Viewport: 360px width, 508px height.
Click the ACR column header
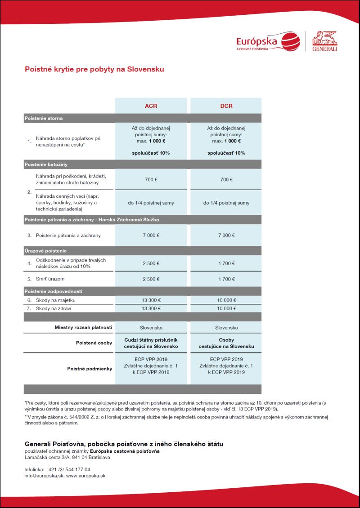(151, 106)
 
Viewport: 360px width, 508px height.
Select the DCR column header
(226, 106)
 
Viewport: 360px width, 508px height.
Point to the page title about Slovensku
(94, 70)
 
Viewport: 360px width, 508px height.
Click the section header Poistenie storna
(43, 118)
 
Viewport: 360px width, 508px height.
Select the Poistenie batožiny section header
(46, 165)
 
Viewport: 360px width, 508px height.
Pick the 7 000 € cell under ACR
(151, 235)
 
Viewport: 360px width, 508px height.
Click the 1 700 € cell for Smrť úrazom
(226, 279)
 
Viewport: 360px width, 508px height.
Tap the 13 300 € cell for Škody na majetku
(151, 300)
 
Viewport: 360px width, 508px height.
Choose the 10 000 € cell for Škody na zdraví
(226, 308)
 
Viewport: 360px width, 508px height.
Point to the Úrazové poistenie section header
(45, 251)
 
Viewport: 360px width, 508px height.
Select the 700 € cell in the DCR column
(226, 179)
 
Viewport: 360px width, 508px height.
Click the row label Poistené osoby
(94, 343)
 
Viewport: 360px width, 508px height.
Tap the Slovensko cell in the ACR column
(151, 328)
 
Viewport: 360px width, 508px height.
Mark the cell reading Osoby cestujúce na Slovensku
(226, 343)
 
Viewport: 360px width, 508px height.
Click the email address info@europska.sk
(44, 475)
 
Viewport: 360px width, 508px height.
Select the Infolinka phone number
(68, 469)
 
